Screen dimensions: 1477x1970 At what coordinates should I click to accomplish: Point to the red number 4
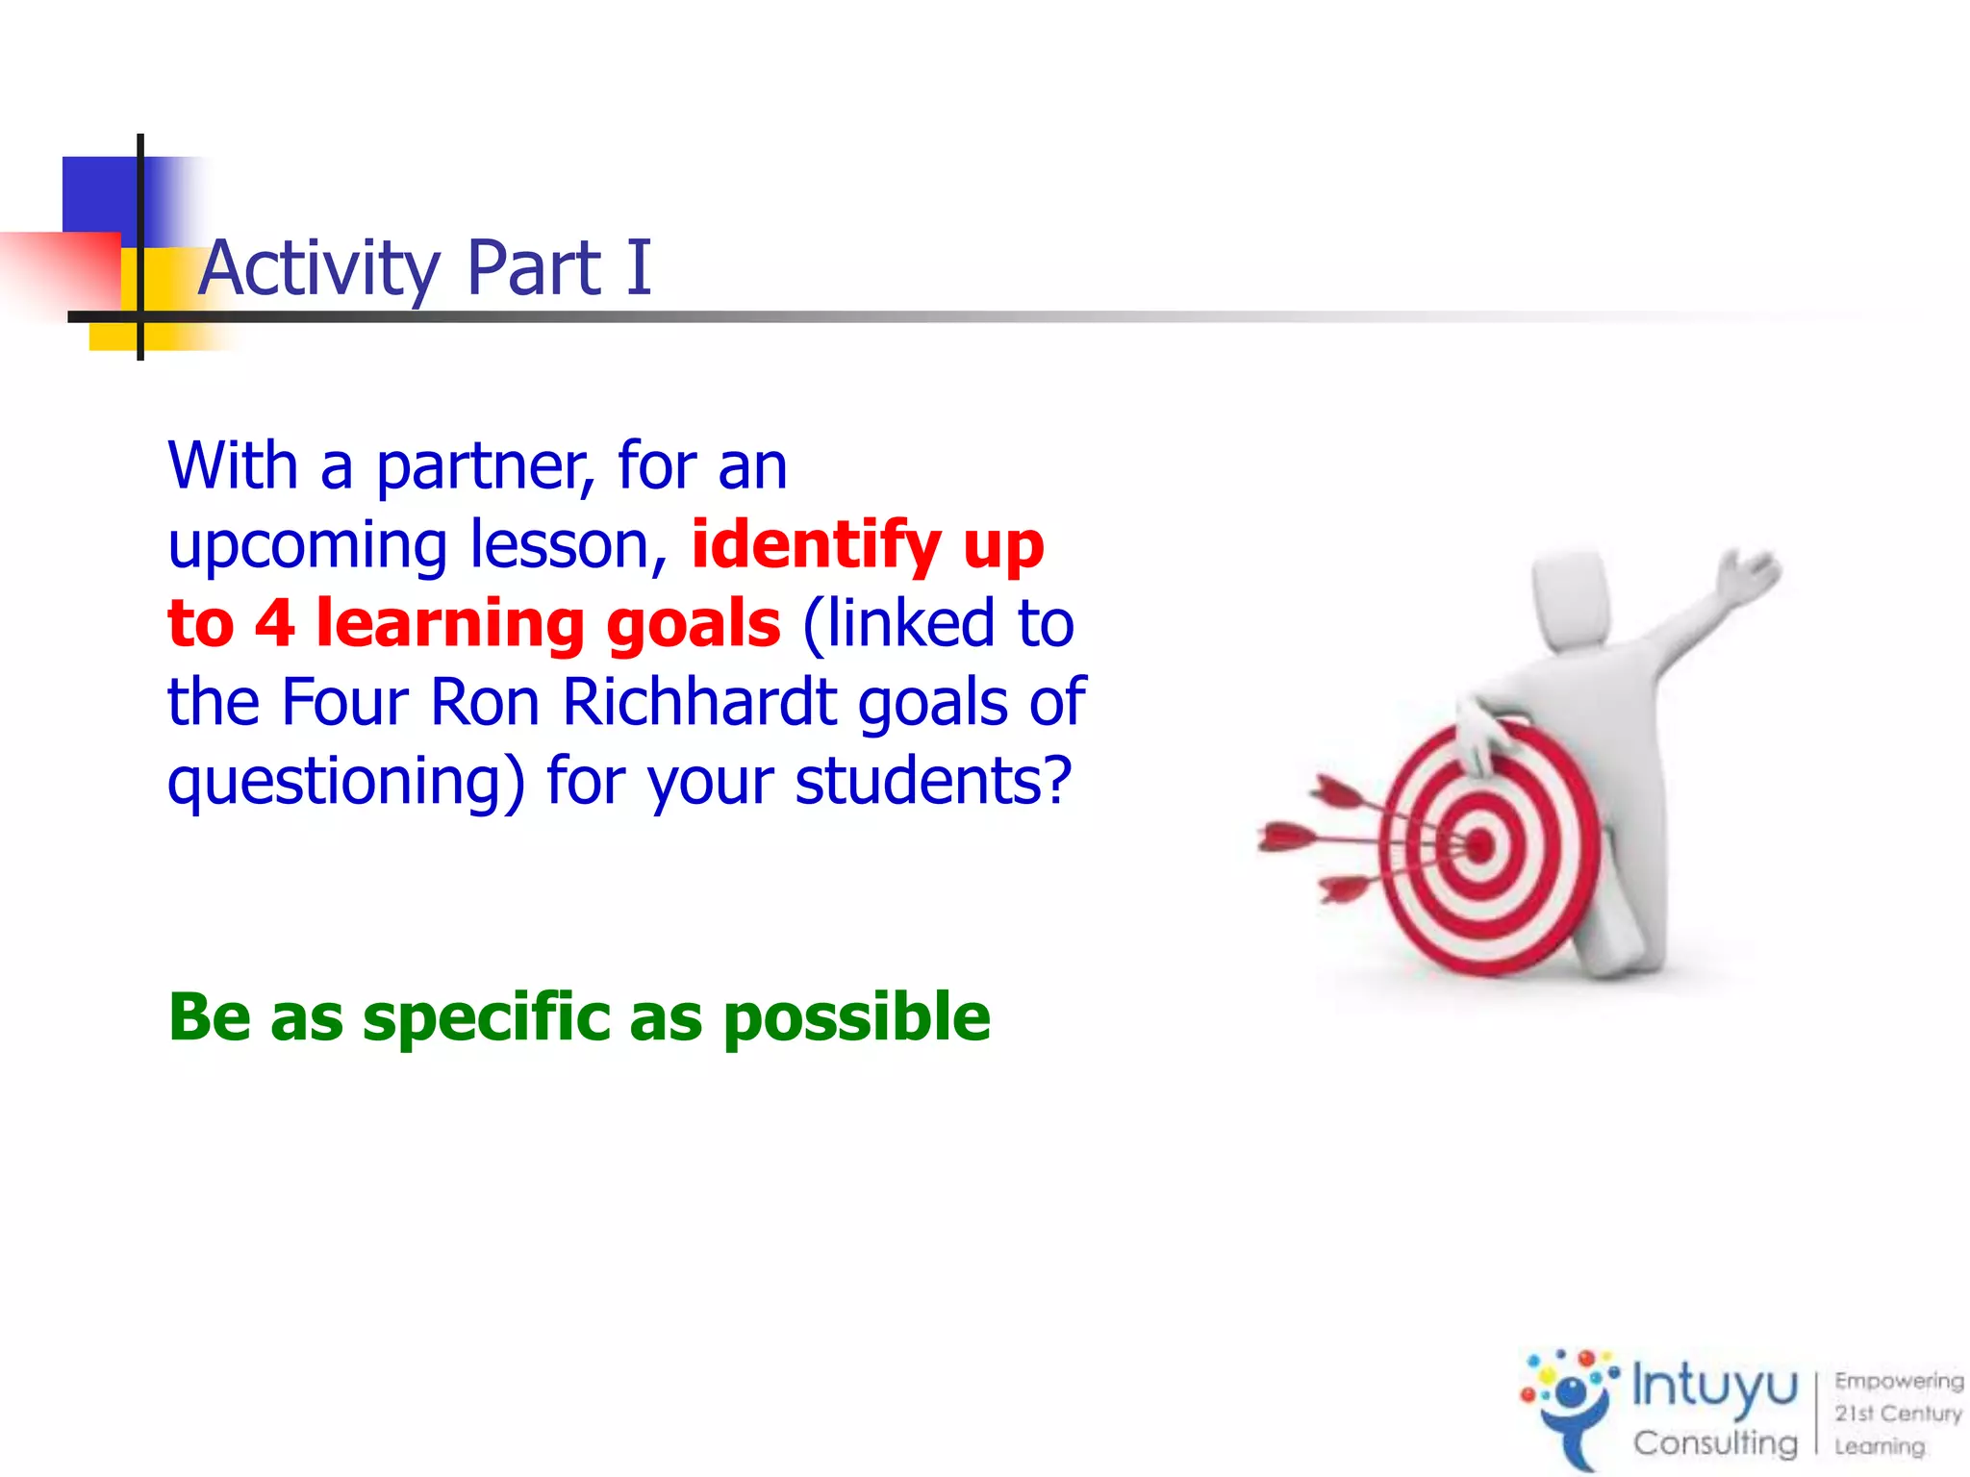coord(274,623)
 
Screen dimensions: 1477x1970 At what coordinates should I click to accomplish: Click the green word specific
coord(487,1017)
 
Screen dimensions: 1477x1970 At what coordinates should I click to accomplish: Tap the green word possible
coord(856,1017)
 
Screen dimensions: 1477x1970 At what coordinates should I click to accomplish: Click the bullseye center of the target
coord(1479,846)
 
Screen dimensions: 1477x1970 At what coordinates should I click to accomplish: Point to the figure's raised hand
coord(1751,572)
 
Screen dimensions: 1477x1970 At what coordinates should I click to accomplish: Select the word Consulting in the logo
coord(1714,1442)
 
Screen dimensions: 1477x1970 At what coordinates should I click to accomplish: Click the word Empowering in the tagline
coord(1898,1381)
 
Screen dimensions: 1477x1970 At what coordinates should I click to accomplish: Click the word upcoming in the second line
coord(308,546)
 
